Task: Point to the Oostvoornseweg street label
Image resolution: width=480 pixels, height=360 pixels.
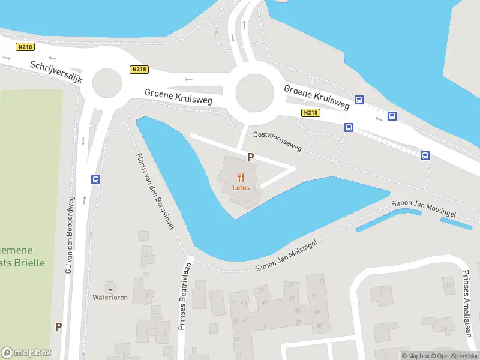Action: click(277, 140)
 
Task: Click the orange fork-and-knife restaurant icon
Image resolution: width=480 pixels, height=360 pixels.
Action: click(241, 177)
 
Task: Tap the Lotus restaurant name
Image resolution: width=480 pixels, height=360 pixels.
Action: click(241, 187)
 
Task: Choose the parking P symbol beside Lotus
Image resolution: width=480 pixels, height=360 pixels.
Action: click(250, 157)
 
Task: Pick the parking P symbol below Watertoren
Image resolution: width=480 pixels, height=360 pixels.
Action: click(58, 327)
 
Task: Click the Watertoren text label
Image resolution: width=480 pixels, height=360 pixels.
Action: click(110, 298)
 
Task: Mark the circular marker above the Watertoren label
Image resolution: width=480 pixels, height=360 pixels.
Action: click(110, 287)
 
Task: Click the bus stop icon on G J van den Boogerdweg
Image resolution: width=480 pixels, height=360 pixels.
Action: click(95, 179)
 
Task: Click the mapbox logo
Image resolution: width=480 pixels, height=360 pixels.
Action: click(26, 353)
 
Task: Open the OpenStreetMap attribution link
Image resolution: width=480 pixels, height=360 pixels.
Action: click(457, 356)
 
